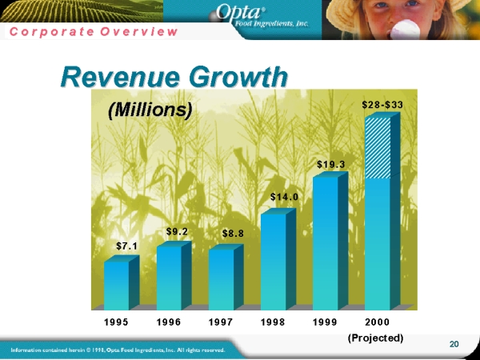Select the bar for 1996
pos(169,277)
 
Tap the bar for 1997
pos(221,278)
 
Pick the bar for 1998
pos(273,260)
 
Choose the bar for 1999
pos(325,242)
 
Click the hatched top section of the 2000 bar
pos(377,148)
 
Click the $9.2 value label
pos(177,231)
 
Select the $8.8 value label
pos(233,234)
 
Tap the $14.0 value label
pos(284,196)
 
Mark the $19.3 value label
pos(330,165)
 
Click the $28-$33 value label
pos(382,105)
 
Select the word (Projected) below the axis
pos(376,338)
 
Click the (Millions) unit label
pos(150,110)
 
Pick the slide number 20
pos(454,344)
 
